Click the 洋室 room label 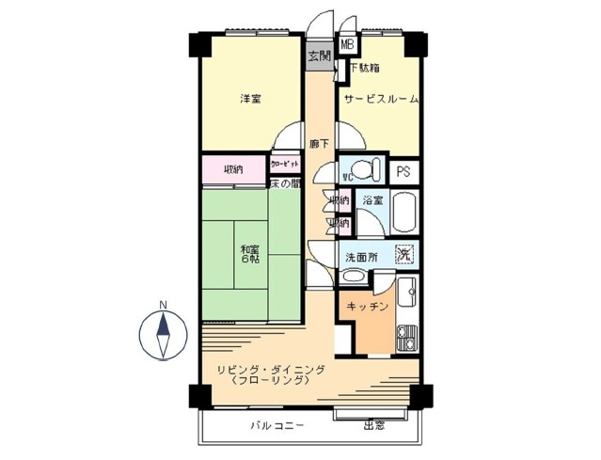(x=249, y=98)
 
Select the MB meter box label (x=347, y=43)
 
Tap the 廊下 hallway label (x=320, y=144)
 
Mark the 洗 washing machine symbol (x=404, y=252)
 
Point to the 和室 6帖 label (x=249, y=253)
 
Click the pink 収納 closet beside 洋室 (x=233, y=169)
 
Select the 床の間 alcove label (x=285, y=183)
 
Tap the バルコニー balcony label (x=277, y=425)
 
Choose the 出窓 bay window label (x=374, y=425)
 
